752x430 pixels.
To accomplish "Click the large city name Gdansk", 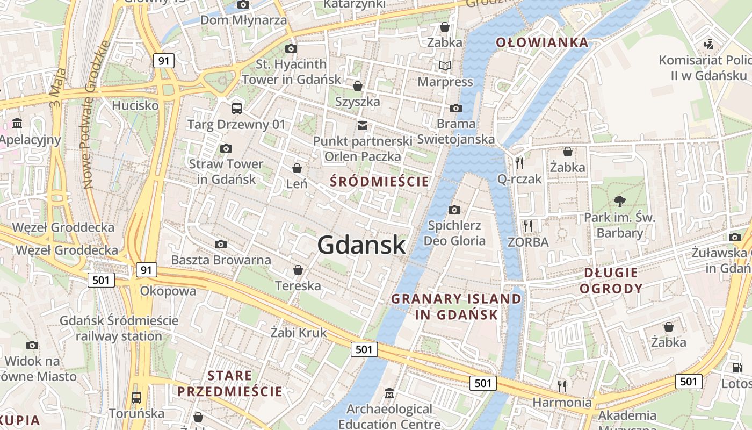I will tap(361, 245).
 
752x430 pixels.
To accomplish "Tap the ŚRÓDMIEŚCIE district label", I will tap(379, 182).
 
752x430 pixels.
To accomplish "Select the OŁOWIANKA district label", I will tap(541, 42).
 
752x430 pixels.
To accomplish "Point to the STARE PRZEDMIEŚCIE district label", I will tap(230, 383).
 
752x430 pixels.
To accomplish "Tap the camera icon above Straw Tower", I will tap(226, 148).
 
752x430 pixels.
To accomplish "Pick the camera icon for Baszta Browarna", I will tap(220, 245).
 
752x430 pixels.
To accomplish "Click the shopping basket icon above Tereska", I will tap(298, 270).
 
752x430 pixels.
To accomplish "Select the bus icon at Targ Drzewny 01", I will tap(236, 109).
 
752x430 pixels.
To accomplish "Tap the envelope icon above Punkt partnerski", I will tap(363, 126).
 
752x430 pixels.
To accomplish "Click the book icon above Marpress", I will tap(445, 66).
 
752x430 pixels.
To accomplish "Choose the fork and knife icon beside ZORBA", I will tap(528, 226).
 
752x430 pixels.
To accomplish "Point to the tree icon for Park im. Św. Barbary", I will tap(620, 202).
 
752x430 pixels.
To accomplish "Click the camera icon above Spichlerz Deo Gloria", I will tap(454, 210).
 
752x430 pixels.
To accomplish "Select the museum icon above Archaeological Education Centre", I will tap(389, 393).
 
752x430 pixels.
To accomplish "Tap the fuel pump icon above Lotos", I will tap(737, 368).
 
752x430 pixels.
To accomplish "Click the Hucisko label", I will tap(135, 105).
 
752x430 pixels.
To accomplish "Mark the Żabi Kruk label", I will tap(298, 333).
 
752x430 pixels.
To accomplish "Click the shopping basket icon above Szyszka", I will tap(357, 86).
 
